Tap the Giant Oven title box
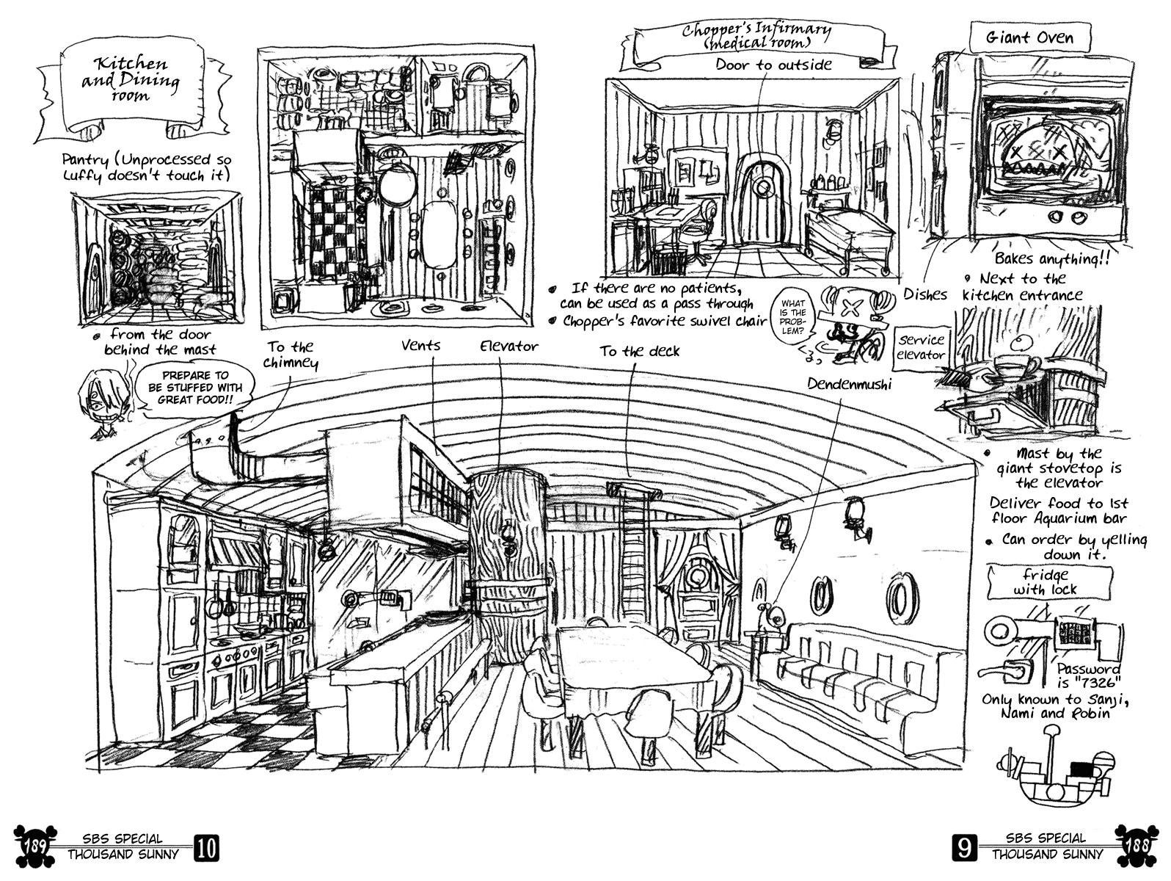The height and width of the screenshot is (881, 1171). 1029,37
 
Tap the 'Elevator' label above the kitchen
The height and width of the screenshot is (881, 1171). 509,346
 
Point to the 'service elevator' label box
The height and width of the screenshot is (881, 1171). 922,347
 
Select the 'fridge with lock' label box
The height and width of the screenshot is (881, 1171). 1035,581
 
